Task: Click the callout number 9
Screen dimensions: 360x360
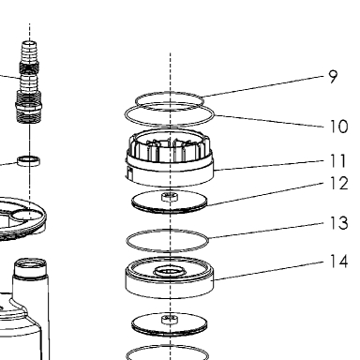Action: coord(334,77)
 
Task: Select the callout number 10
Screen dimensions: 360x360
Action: coord(338,127)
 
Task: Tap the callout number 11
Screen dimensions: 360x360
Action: coord(338,161)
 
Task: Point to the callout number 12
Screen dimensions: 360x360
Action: coord(338,183)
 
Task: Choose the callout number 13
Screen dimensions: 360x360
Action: coord(338,223)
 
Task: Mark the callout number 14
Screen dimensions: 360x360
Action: coord(338,262)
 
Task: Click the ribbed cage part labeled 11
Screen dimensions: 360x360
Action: coord(170,157)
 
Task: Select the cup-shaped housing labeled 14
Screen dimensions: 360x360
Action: coord(170,277)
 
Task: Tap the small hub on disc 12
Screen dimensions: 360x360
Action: coord(170,197)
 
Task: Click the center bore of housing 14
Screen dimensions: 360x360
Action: coord(170,271)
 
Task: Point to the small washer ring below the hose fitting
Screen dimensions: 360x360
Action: coord(29,160)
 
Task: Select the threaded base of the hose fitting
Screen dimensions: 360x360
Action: coord(29,111)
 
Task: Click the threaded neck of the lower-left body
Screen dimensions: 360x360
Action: coord(31,268)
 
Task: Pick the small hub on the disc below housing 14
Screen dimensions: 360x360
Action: coord(170,320)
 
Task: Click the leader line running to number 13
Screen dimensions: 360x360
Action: coord(266,231)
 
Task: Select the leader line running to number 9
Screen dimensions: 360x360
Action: coord(264,86)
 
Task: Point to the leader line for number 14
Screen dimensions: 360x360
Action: coord(269,271)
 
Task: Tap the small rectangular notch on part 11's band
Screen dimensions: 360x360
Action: coord(130,172)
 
